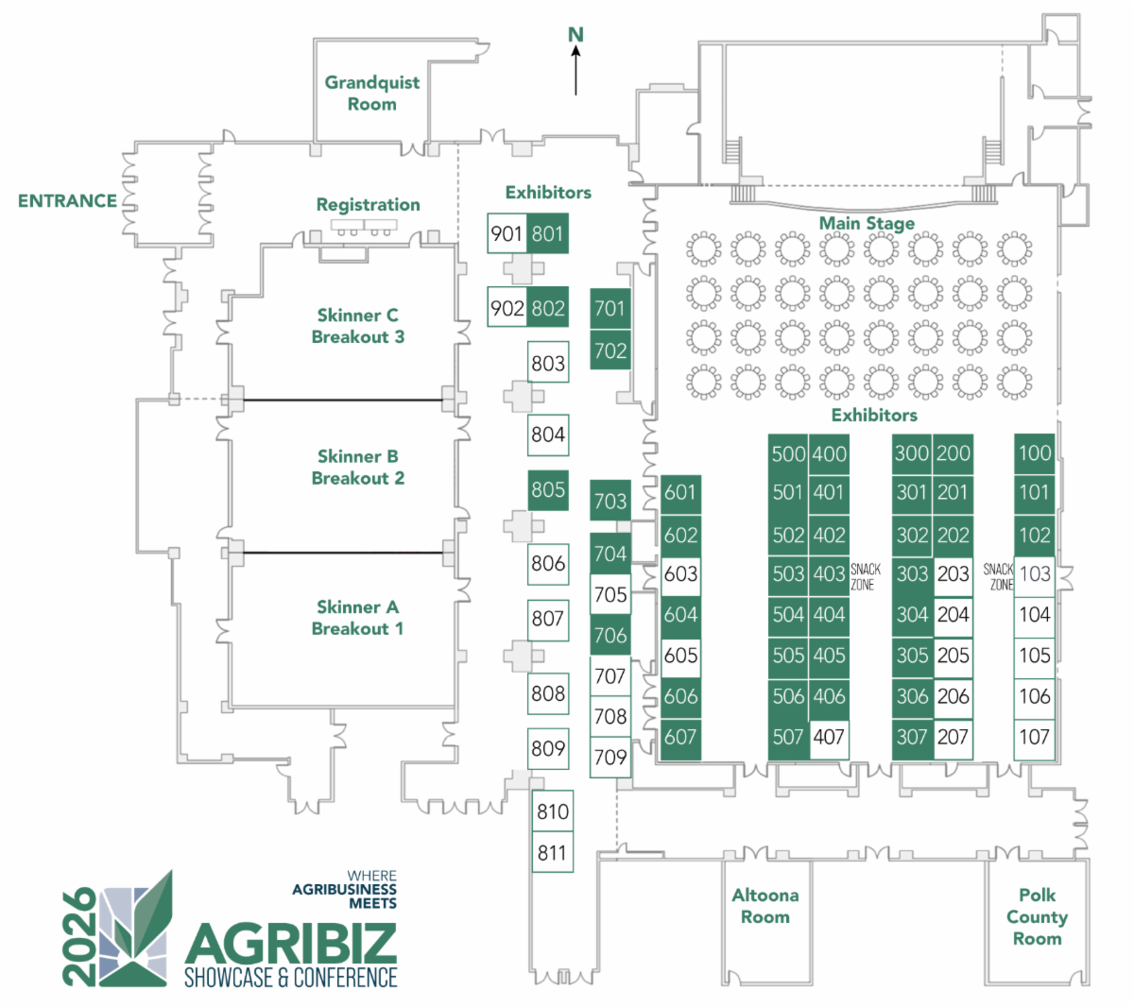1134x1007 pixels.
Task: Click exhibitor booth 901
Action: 507,233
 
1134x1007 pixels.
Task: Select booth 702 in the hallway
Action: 610,351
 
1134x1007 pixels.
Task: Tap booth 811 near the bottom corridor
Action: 552,853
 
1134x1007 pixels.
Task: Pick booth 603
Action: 680,574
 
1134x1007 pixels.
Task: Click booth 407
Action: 829,737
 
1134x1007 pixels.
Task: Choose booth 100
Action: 1034,453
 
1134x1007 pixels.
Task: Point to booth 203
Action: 953,574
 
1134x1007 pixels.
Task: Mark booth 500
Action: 788,453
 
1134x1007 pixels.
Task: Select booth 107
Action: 1034,737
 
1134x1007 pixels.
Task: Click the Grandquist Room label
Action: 372,93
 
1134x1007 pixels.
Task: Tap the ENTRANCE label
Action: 67,201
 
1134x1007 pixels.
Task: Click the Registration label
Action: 368,205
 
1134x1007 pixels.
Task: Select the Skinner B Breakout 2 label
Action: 358,467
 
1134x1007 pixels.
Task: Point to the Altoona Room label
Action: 765,905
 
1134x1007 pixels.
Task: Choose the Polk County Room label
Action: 1037,916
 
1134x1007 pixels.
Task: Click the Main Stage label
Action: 867,224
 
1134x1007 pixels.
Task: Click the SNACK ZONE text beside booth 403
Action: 865,576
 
